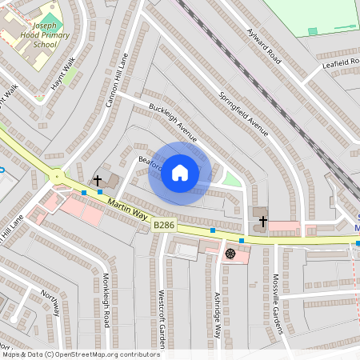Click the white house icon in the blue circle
180,173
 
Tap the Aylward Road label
266,45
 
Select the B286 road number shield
164,227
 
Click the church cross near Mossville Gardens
262,219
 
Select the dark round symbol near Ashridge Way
230,254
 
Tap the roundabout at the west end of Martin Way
58,176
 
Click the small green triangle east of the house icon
231,179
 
